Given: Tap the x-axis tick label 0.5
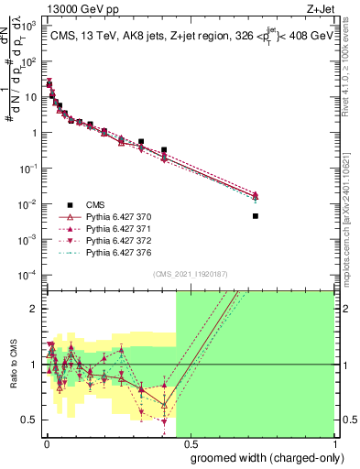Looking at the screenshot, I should (x=190, y=442).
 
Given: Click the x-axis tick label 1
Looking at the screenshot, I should (x=333, y=442).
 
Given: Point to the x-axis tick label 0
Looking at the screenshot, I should (x=46, y=442).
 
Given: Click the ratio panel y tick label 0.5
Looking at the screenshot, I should (x=31, y=420).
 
